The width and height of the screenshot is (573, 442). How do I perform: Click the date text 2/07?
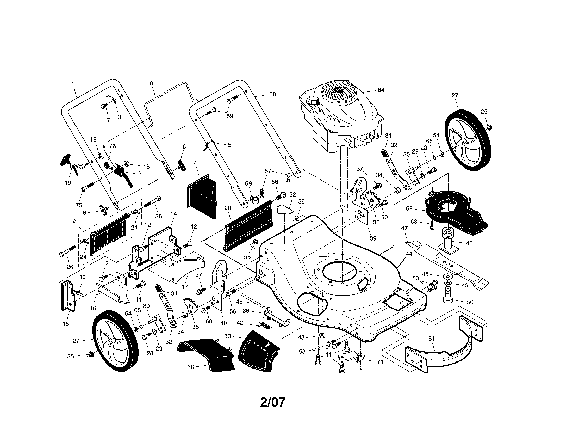(273, 402)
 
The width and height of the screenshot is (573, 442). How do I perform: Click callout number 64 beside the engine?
(381, 90)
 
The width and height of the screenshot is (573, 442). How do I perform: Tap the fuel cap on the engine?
(313, 101)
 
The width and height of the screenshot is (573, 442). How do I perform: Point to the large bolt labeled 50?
(450, 296)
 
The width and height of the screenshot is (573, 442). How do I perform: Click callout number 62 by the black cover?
(409, 209)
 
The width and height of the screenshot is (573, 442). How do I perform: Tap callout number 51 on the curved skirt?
(432, 339)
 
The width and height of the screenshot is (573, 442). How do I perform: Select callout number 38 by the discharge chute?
(191, 367)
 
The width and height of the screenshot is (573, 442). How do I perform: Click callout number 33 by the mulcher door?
(228, 336)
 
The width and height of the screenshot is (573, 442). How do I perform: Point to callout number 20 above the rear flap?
(227, 208)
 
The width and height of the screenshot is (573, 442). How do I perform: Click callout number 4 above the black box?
(195, 163)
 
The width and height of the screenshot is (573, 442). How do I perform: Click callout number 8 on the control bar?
(151, 83)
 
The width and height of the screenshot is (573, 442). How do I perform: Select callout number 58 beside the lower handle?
(273, 94)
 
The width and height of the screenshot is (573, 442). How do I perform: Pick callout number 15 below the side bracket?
(66, 324)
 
